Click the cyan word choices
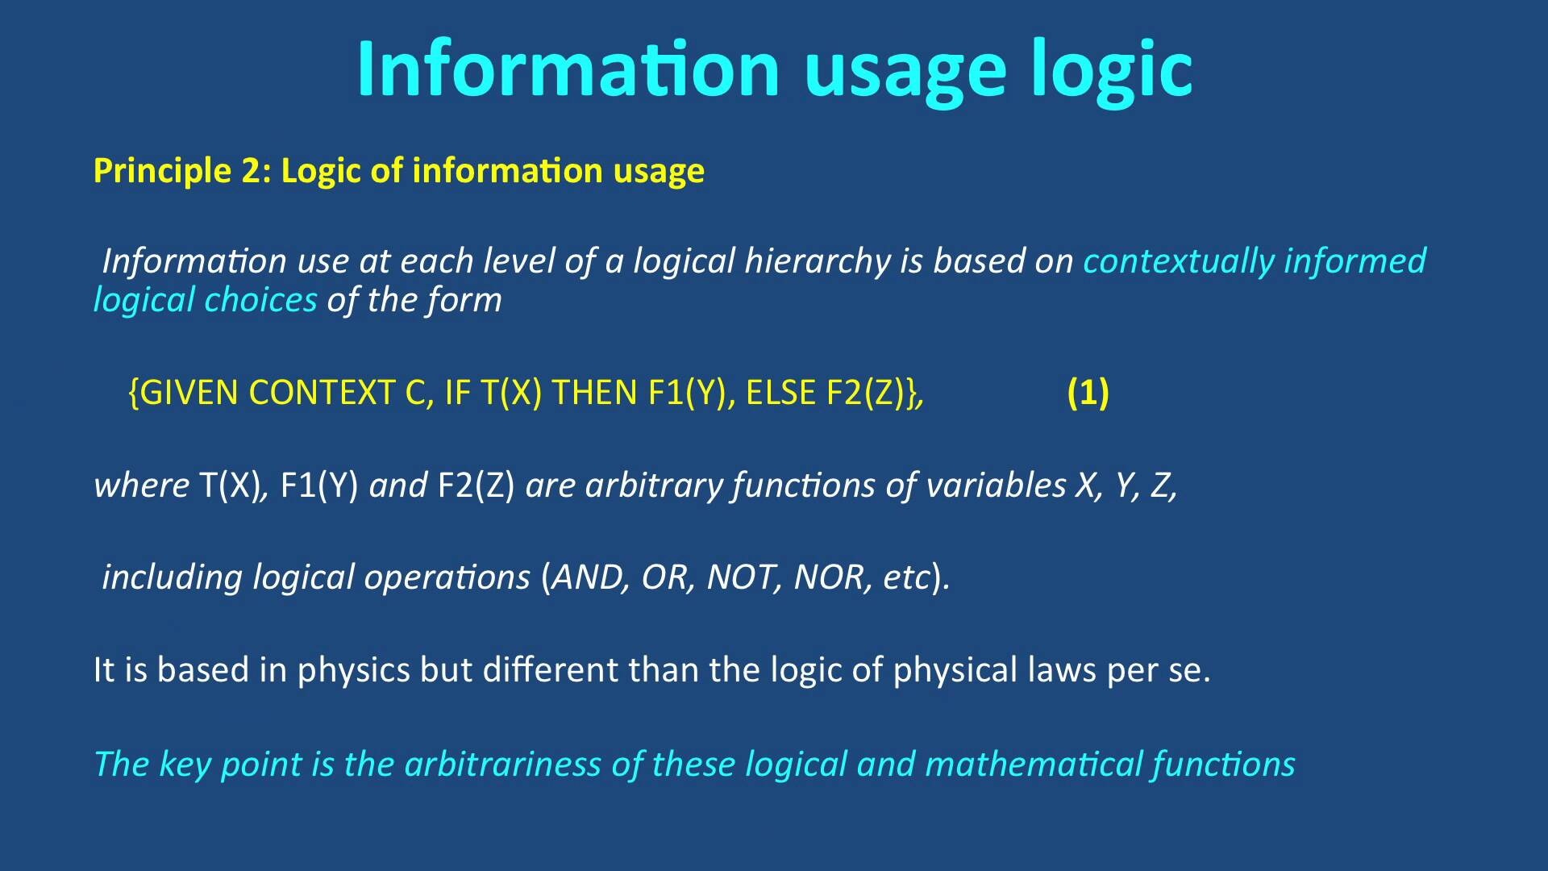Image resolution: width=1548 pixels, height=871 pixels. point(261,300)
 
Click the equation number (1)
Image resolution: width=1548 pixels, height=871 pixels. point(1088,393)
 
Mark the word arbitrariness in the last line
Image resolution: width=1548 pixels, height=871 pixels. point(502,765)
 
